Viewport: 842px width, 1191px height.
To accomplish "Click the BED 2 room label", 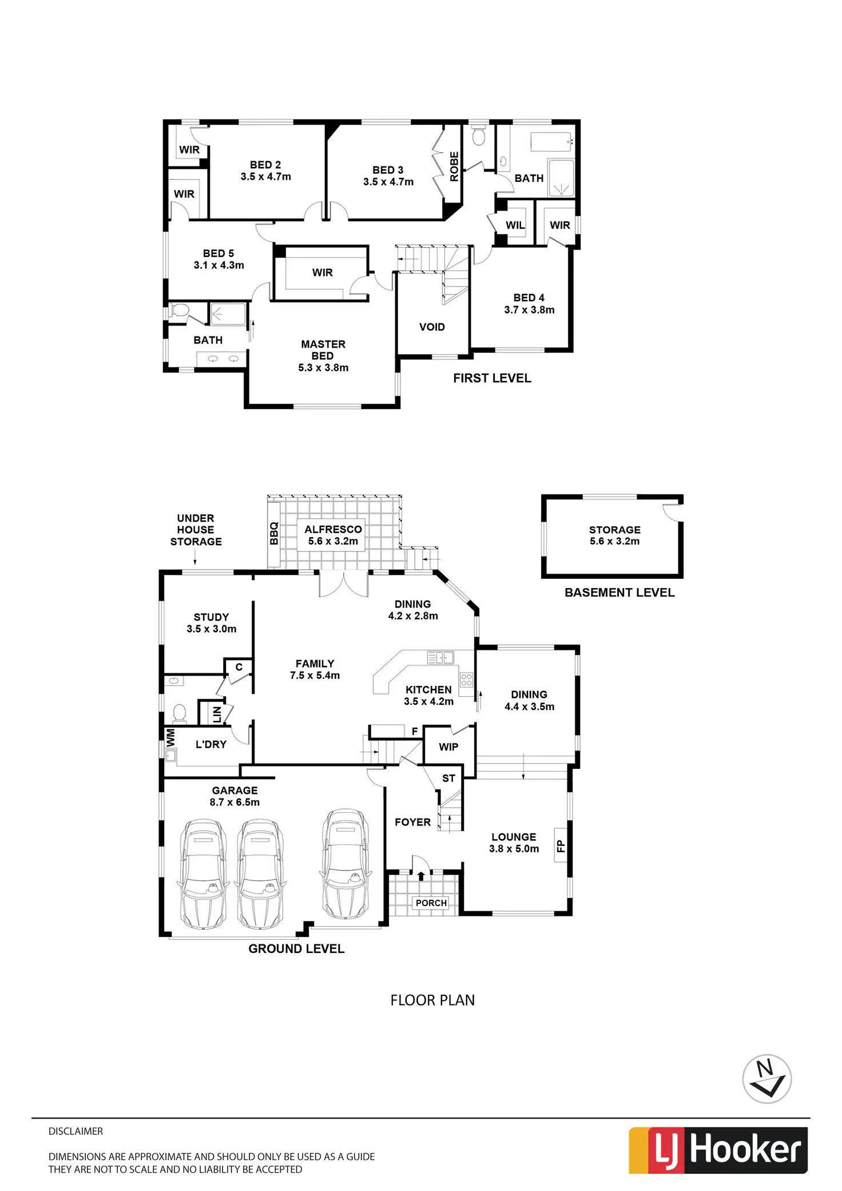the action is click(265, 170).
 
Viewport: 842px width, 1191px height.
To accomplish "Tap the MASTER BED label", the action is click(323, 356).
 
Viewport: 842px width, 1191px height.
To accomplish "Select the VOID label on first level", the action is click(432, 327).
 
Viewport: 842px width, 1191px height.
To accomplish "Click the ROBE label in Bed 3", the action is click(454, 166).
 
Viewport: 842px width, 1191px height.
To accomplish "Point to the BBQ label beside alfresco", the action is click(274, 533).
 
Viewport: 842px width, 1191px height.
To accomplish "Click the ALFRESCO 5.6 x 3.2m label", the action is click(333, 535).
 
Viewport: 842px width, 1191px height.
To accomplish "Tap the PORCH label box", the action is click(431, 903).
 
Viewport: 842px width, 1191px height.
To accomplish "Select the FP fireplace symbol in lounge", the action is click(561, 845).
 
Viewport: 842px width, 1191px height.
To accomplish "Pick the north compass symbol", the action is click(766, 1079).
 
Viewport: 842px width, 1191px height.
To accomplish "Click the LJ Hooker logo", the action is click(718, 1150).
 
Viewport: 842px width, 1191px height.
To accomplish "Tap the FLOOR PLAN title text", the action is click(432, 1000).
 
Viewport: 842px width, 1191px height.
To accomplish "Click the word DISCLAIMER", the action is click(76, 1131).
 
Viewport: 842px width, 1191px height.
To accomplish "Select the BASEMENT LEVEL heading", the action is click(619, 593).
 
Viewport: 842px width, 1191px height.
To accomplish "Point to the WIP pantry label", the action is click(448, 747).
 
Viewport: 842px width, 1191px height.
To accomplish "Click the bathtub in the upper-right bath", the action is click(551, 142).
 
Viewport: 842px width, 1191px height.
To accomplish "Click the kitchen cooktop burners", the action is click(467, 680).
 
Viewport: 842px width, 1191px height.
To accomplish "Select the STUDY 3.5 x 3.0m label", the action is click(211, 623).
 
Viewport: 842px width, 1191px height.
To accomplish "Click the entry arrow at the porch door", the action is click(422, 875).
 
